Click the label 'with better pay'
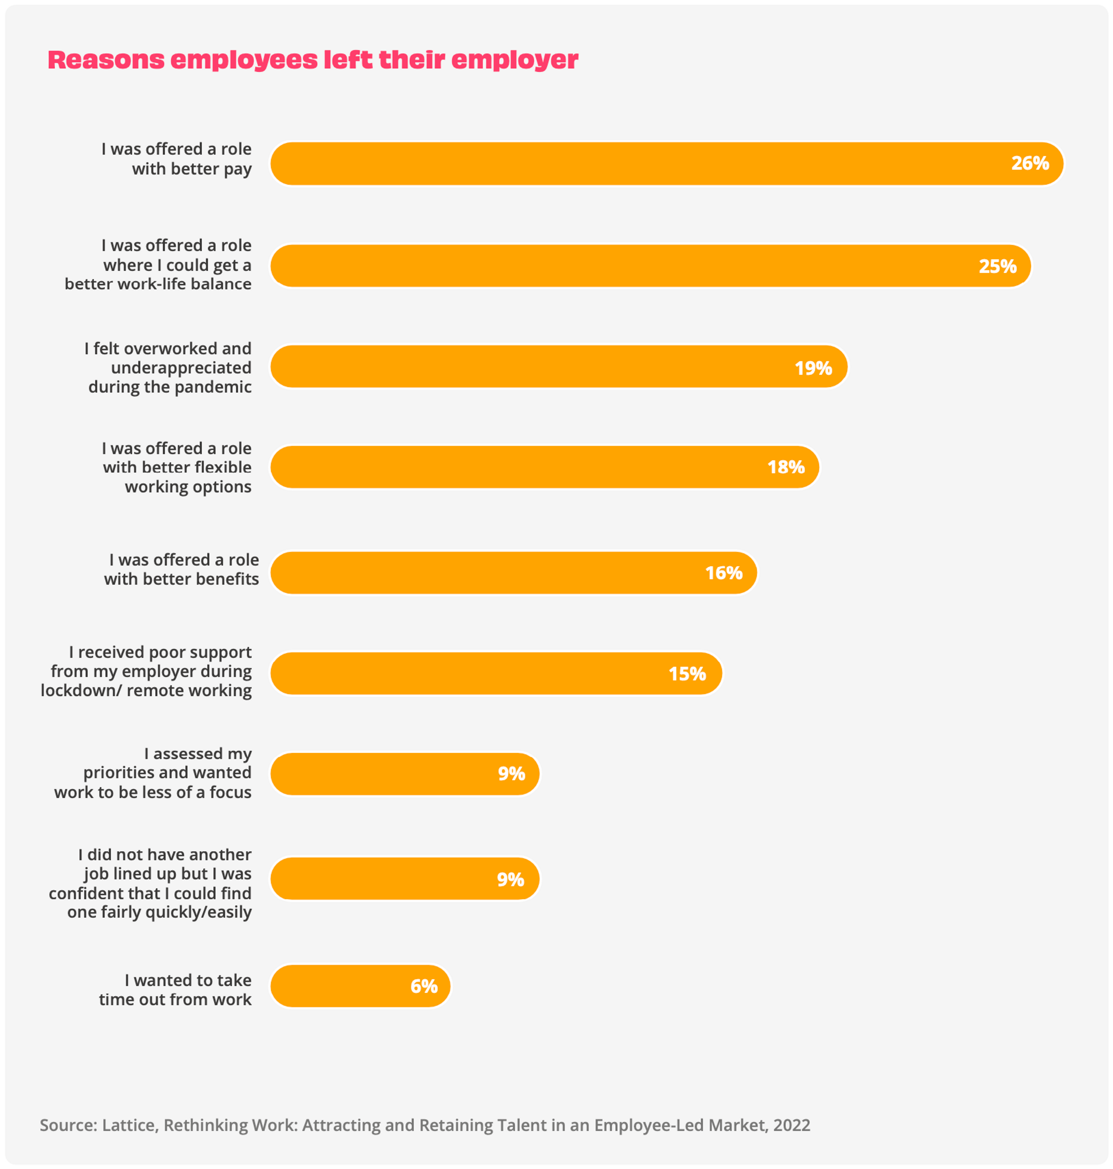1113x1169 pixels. [192, 169]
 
